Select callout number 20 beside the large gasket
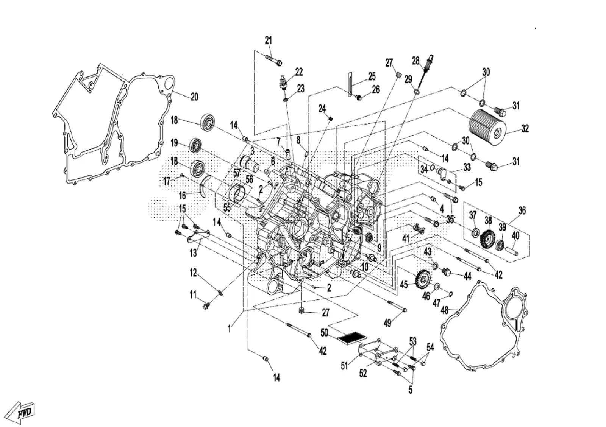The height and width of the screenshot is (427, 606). point(194,97)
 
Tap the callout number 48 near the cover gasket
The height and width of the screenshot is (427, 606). point(445,310)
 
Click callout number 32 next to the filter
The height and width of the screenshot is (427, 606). point(525,128)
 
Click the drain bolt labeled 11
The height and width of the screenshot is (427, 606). point(206,306)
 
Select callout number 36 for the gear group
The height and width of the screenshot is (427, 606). point(522,210)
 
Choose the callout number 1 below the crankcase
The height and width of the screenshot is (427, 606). point(230,329)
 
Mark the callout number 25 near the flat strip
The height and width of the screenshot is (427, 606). point(372,76)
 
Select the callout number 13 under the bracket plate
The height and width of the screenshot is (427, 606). point(193,253)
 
